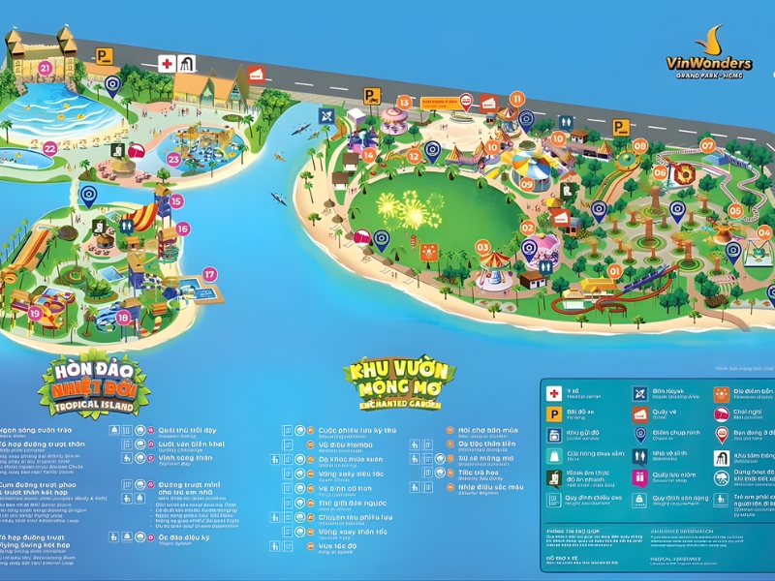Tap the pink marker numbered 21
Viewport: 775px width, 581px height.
[46, 68]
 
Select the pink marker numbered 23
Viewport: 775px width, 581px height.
[173, 159]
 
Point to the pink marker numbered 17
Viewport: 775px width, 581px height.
[210, 274]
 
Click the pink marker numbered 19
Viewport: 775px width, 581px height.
[36, 313]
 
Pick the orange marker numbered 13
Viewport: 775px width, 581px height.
[404, 102]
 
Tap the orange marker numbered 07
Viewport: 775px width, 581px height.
[707, 146]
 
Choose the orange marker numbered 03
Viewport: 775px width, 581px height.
[482, 247]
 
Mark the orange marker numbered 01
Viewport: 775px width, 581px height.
[613, 271]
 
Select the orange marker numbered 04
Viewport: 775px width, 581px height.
[764, 232]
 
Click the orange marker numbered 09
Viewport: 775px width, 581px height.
[527, 184]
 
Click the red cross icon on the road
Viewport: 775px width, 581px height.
[167, 64]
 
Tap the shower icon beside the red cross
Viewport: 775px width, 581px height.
[186, 64]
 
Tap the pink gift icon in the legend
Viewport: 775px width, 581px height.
[639, 476]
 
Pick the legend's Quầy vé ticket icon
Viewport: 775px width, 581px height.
[639, 414]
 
